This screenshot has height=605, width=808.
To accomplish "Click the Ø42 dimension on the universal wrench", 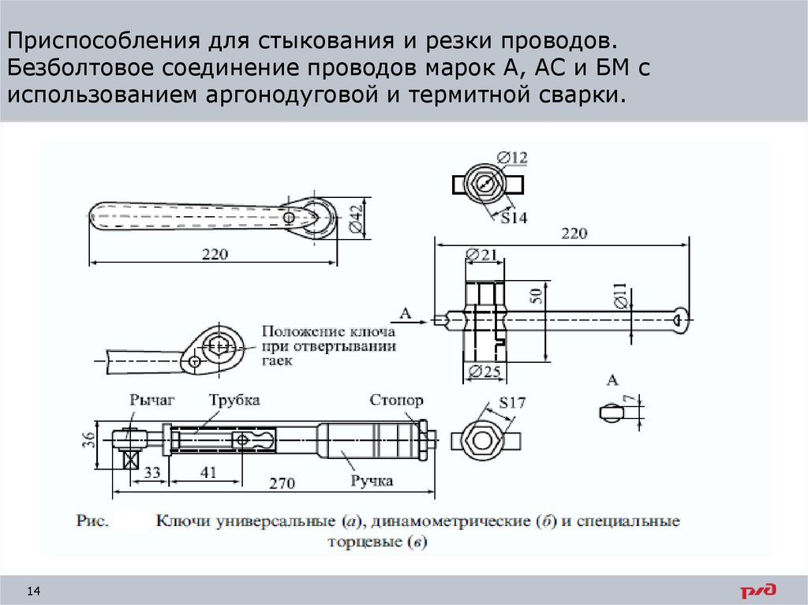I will tap(355, 217).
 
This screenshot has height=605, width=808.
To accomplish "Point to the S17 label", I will tap(511, 405).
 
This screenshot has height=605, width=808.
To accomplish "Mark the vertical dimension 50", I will tap(537, 297).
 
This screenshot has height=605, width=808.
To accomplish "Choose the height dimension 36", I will tap(89, 439).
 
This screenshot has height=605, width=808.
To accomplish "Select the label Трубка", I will tap(234, 401).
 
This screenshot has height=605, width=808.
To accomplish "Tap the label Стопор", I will tap(396, 401).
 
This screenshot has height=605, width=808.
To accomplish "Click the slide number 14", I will tap(34, 592).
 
